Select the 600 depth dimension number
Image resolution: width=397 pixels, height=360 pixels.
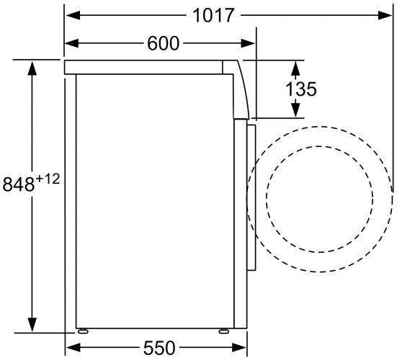[x=163, y=43]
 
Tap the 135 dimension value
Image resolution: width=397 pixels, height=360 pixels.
[x=301, y=89]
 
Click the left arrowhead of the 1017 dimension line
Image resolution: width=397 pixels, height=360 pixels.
[x=69, y=14]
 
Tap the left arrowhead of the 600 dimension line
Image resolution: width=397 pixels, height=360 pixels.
[x=69, y=43]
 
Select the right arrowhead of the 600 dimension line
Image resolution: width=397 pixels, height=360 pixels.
[x=251, y=43]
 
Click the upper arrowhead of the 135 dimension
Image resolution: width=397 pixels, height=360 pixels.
[x=295, y=66]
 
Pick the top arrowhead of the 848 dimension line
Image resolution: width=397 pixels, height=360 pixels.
[x=32, y=66]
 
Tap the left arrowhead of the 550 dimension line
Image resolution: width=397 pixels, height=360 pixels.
[x=69, y=348]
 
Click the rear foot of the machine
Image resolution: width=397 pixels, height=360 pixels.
[x=84, y=332]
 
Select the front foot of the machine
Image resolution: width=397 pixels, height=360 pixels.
[x=225, y=332]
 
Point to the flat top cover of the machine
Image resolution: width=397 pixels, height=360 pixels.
[x=144, y=67]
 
